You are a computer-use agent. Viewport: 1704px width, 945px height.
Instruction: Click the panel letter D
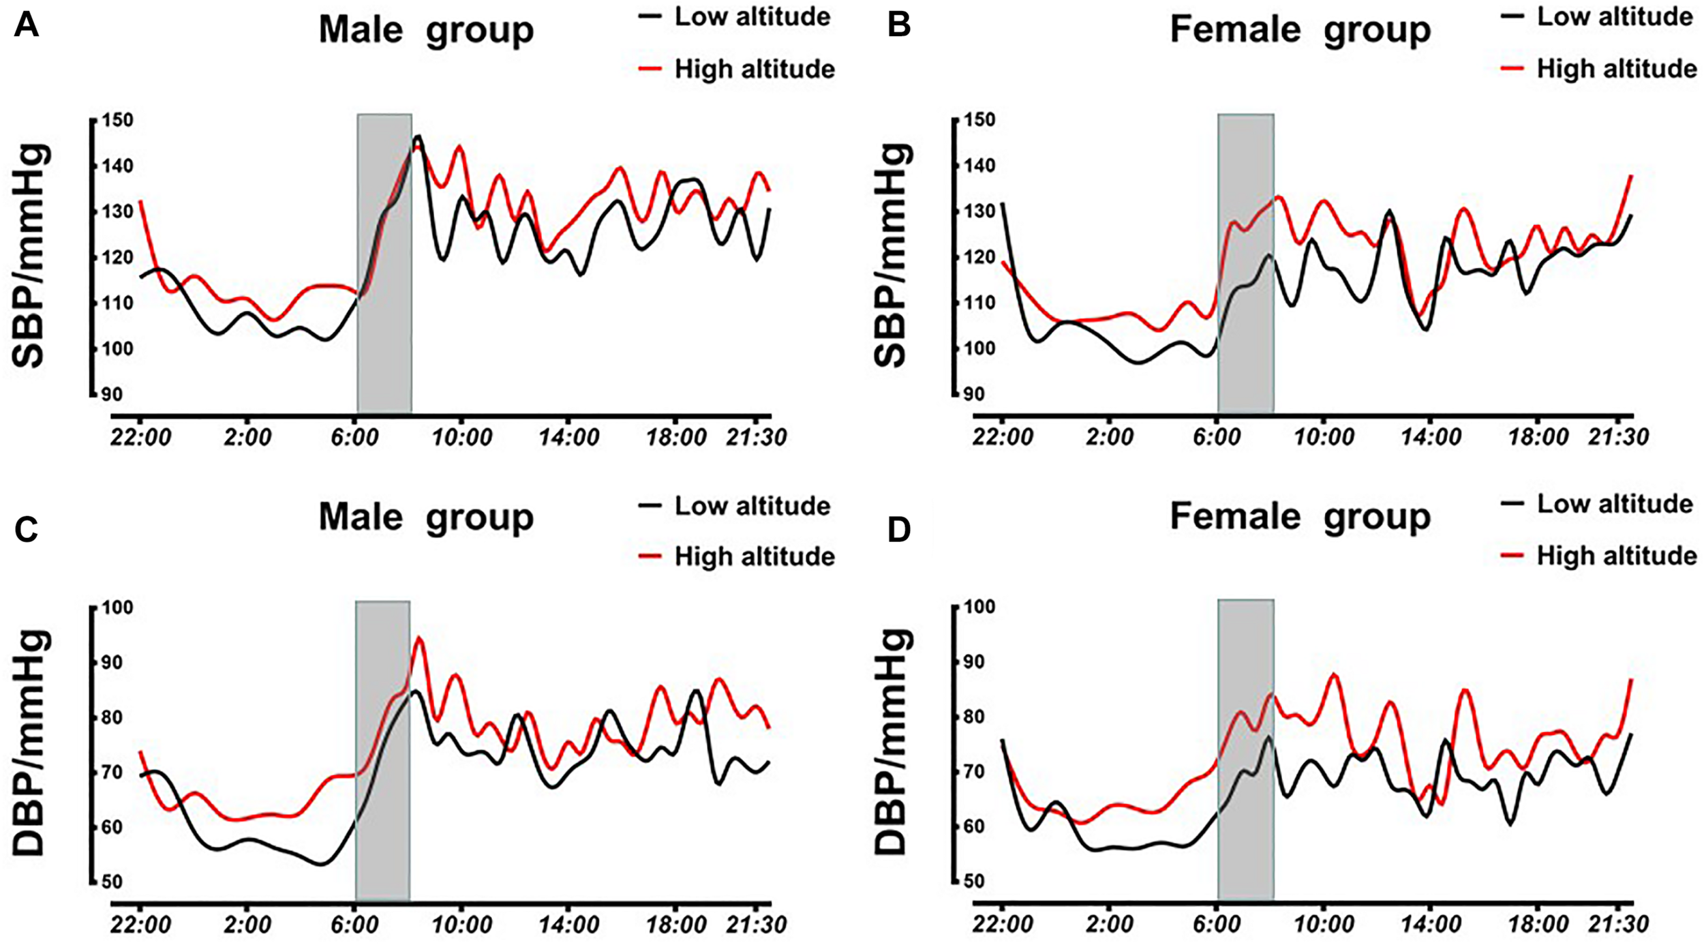click(x=899, y=530)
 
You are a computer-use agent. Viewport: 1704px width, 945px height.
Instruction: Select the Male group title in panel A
click(x=426, y=30)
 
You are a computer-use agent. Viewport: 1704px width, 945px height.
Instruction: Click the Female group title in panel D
click(x=1300, y=517)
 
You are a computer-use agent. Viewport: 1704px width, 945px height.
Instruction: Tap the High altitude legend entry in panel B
click(x=1615, y=69)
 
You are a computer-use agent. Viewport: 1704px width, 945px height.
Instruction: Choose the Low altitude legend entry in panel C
click(x=752, y=506)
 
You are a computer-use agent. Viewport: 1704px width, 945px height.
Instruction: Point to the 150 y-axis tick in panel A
click(x=117, y=120)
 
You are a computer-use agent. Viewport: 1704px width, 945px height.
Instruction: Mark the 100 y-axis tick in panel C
click(x=117, y=607)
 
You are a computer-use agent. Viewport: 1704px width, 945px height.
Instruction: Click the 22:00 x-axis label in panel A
click(x=140, y=436)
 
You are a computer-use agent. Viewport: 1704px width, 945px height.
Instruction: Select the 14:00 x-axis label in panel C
click(x=568, y=925)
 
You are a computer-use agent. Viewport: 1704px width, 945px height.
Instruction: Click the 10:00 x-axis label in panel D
click(x=1323, y=925)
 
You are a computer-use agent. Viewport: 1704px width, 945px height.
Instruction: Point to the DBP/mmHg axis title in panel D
click(x=893, y=743)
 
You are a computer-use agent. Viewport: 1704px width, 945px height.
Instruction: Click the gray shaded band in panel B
click(x=1245, y=262)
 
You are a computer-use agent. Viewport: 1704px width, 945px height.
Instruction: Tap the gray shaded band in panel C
click(x=382, y=750)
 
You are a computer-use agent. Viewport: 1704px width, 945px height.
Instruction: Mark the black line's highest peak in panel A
click(x=418, y=136)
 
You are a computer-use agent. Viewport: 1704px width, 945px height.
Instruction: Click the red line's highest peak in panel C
click(x=419, y=638)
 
